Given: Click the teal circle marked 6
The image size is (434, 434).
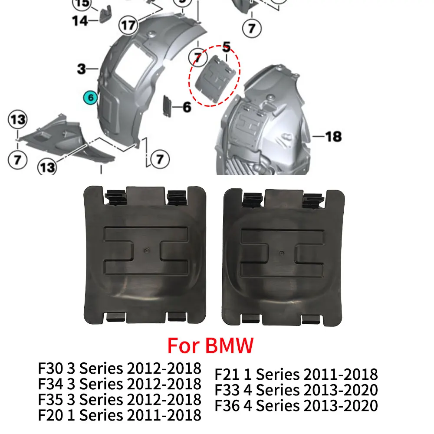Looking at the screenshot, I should [91, 98].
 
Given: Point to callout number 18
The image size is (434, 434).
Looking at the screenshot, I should [333, 137].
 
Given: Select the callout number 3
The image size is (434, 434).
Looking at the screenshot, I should [81, 69].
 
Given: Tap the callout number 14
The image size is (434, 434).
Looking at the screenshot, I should [80, 20].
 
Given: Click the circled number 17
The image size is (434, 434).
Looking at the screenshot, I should [128, 25].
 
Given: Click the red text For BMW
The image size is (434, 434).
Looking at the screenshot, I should [210, 346].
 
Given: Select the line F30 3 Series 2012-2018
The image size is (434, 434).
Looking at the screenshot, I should [120, 368].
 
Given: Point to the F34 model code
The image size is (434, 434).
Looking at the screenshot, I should [50, 384].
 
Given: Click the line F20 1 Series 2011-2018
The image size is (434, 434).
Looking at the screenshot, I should [120, 415].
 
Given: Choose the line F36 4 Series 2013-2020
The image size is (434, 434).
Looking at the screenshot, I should [296, 405].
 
